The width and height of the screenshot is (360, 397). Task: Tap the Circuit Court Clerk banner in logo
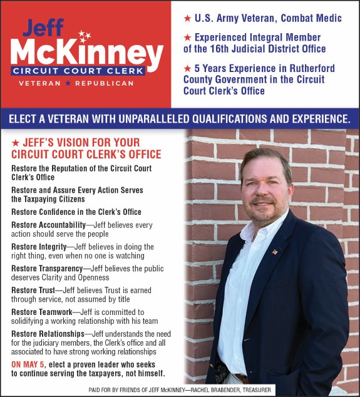pos(79,71)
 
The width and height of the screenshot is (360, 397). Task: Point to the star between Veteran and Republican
pos(68,83)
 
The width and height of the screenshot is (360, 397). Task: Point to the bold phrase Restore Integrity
pos(38,246)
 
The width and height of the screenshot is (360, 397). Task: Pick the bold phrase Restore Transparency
pos(47,268)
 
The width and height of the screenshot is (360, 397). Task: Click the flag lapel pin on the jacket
pos(274,252)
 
